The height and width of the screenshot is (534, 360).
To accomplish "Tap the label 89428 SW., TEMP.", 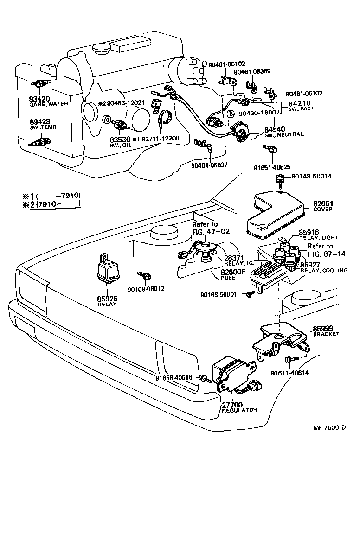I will pos(39,125).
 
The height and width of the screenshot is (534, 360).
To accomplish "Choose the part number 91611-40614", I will pos(290,372).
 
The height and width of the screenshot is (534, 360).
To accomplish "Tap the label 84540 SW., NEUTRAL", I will pos(283,131).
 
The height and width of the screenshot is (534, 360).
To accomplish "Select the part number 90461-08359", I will pos(252,72).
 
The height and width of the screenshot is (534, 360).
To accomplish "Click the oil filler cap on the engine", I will pos(102,48).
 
